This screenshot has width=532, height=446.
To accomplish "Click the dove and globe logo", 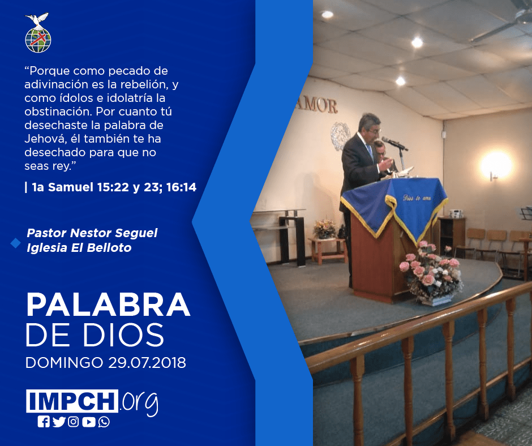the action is tap(38, 33).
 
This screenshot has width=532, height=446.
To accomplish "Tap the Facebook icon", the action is tap(44, 422).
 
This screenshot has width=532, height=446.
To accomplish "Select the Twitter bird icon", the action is tap(59, 422).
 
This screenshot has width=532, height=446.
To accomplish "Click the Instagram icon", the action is tap(73, 422).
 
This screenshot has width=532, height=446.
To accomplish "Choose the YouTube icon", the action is tap(89, 422).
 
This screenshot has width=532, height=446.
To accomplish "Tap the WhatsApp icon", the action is tap(104, 422).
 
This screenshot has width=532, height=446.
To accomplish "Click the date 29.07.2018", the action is tap(147, 363).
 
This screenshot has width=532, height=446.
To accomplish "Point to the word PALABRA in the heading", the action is tap(108, 305).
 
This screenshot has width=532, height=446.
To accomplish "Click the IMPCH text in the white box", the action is tap(72, 401).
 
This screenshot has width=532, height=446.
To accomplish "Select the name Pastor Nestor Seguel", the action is tap(92, 233).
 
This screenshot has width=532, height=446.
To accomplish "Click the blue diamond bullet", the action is tap(16, 243).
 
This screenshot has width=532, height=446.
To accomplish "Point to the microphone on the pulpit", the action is tap(394, 144).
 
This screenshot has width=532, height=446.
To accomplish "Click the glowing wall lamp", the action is tap(497, 165).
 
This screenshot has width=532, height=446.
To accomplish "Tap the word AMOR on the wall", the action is tap(316, 106).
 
